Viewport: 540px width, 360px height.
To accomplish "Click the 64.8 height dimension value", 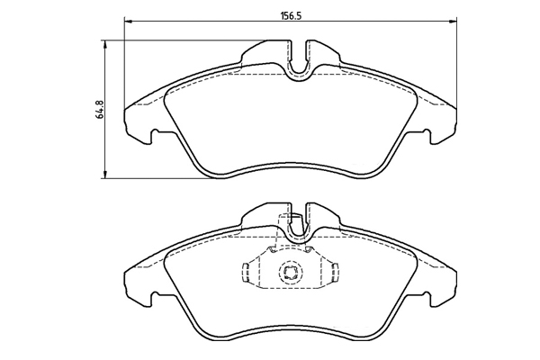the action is coord(101,110).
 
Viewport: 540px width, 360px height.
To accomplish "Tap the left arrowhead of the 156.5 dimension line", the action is coord(128,22).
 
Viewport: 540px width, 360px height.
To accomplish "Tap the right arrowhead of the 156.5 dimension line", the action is coord(454,22).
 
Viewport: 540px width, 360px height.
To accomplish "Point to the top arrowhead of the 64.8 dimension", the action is coord(105,44).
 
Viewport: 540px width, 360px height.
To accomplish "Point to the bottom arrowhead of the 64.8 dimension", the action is coord(105,175).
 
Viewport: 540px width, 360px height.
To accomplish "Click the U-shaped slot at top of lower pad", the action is coord(299,223).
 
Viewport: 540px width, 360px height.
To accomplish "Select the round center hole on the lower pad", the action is coord(290,271).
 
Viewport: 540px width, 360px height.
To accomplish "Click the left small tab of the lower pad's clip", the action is coord(246,272).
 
